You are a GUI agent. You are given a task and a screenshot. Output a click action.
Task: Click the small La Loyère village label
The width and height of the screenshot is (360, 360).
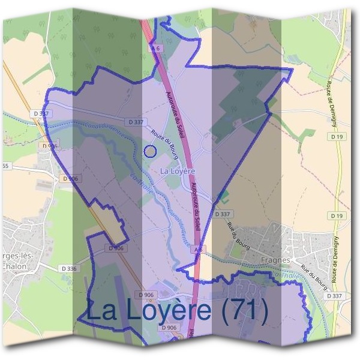[x=178, y=171]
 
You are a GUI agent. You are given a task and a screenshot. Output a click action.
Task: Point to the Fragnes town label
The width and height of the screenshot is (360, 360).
[x=277, y=260]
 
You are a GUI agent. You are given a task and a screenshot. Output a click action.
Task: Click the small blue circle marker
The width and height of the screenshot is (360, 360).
[x=150, y=151]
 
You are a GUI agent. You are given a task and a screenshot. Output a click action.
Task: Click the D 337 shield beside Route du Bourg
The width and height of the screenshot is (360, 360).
[x=137, y=122]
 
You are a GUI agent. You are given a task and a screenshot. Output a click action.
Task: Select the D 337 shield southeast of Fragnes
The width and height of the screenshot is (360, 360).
[x=335, y=296]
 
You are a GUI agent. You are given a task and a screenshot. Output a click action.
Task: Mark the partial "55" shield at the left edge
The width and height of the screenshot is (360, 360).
[x=5, y=166]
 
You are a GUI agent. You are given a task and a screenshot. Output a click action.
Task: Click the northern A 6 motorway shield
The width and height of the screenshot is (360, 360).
[x=156, y=47]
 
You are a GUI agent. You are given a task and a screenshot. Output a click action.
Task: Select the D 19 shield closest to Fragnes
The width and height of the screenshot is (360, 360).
[x=337, y=215]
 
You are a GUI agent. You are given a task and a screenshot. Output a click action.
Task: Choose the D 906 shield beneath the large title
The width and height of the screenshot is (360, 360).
[x=169, y=328]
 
